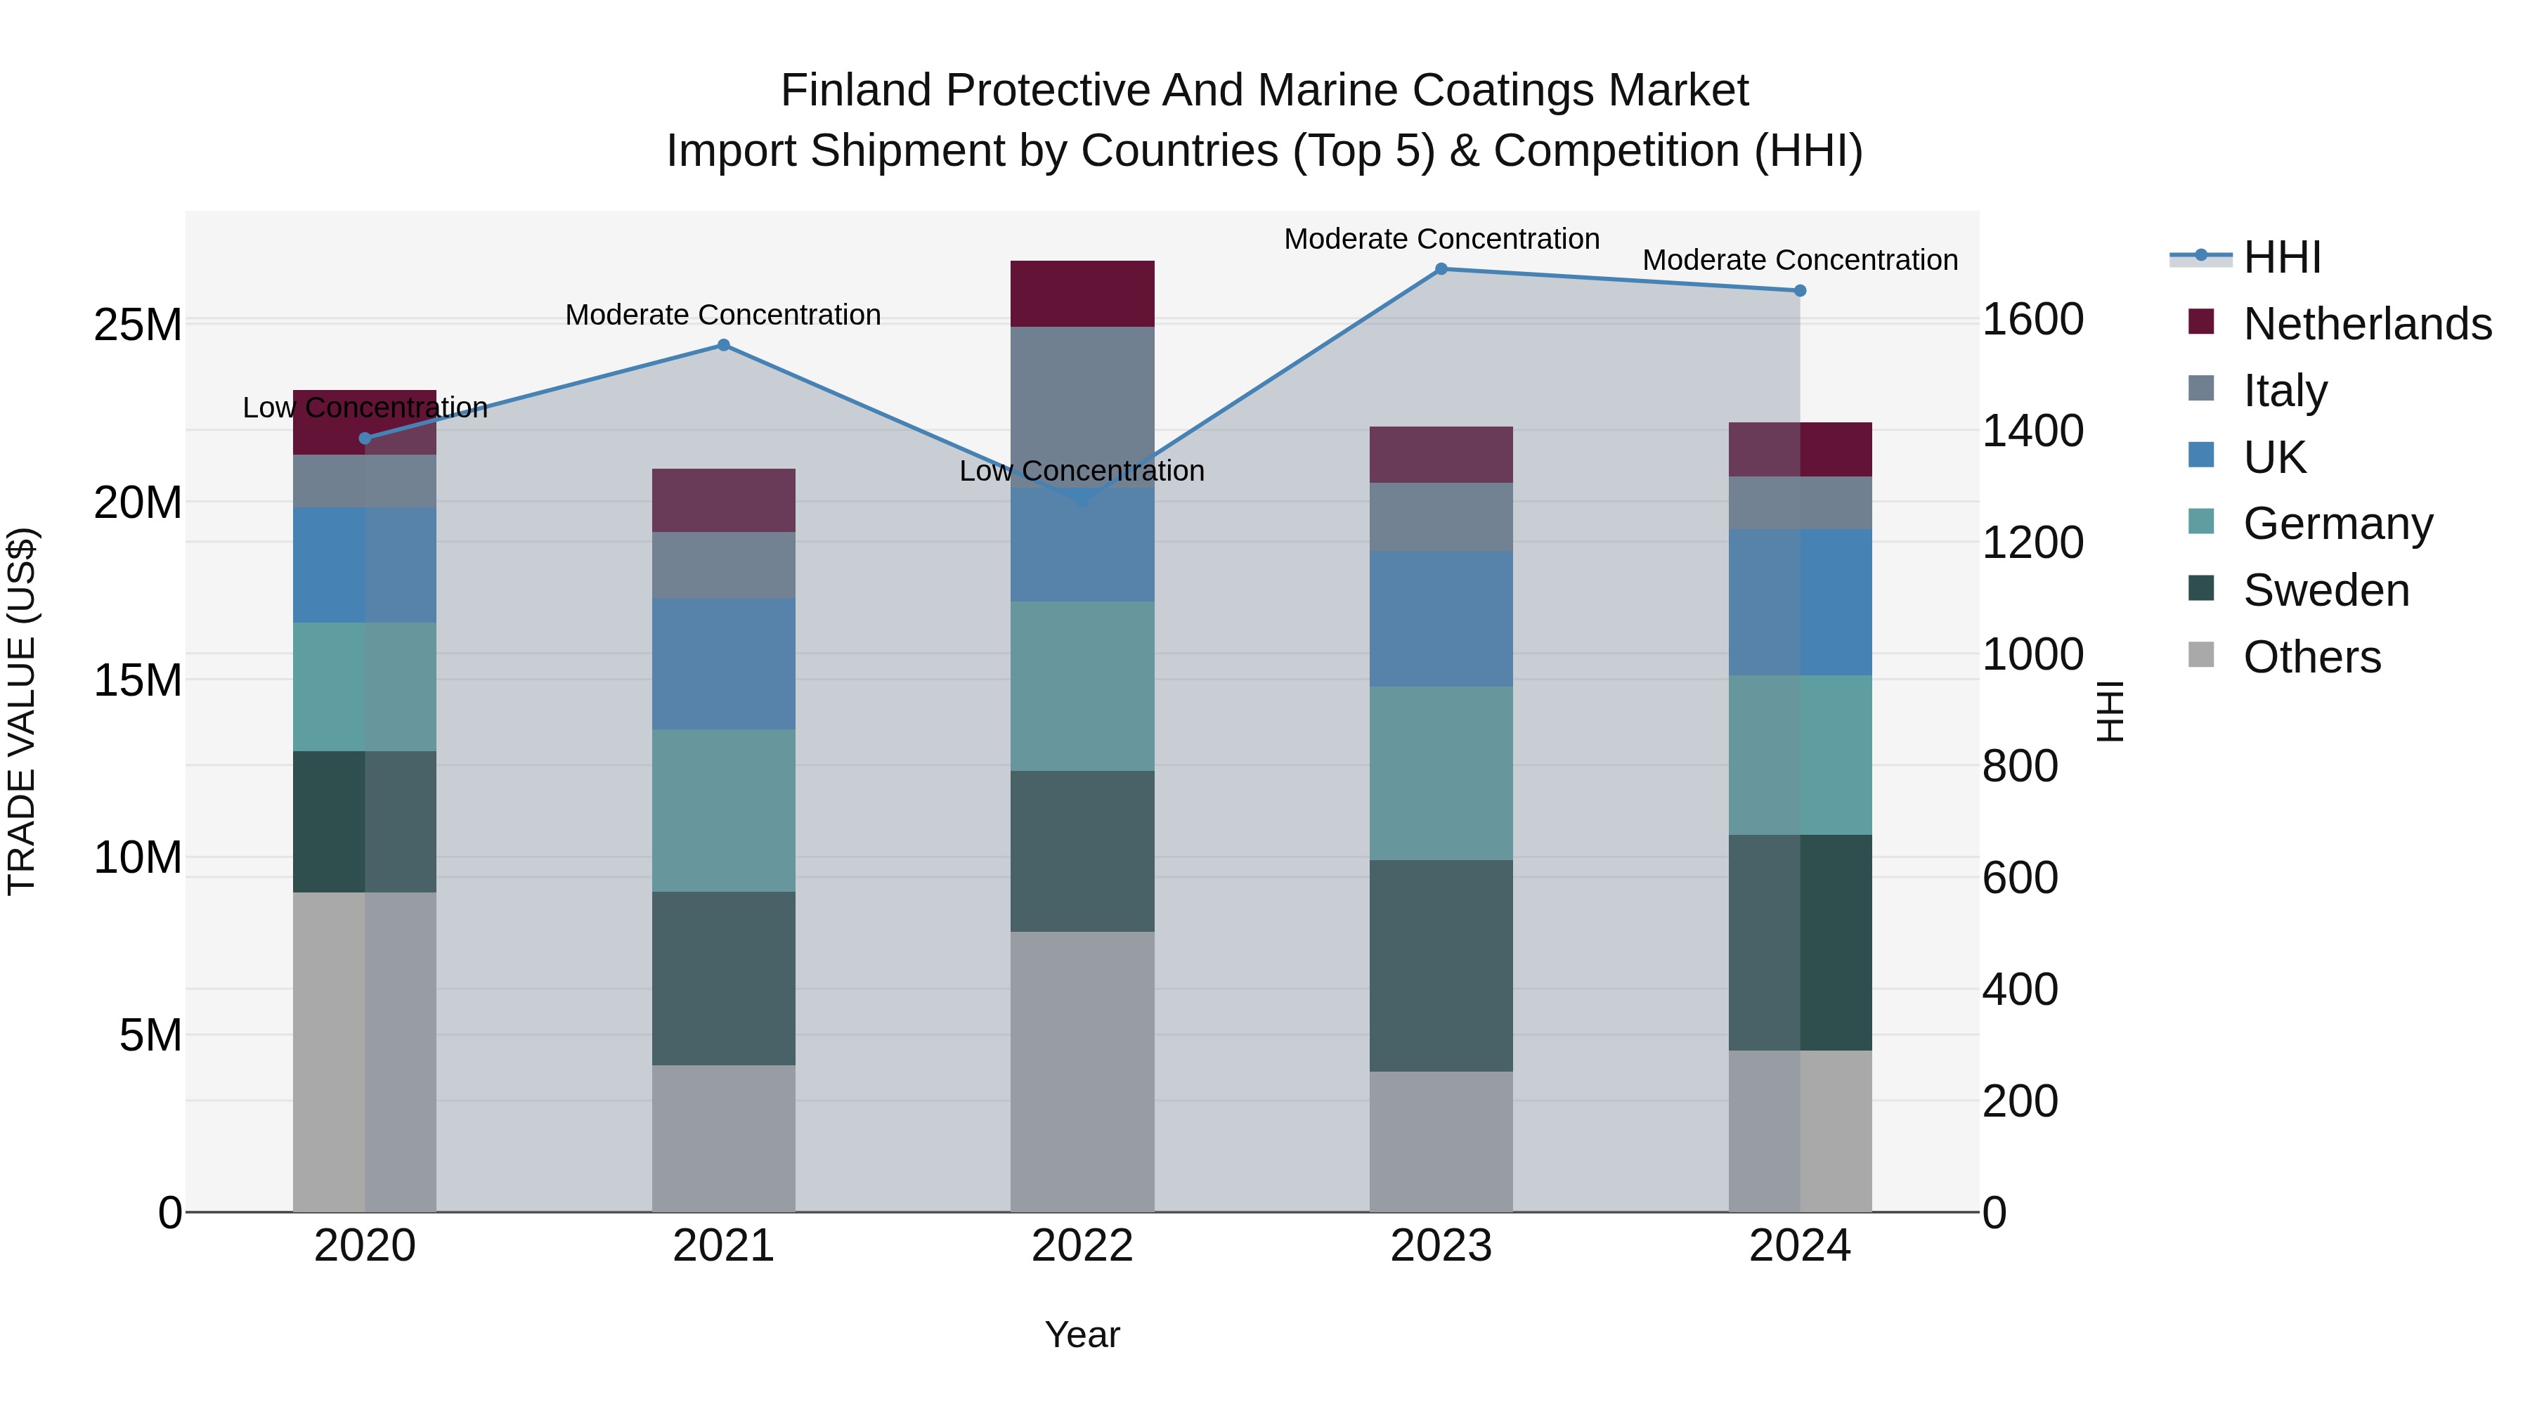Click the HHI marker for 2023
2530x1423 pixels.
coord(1441,269)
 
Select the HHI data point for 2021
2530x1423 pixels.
coord(724,345)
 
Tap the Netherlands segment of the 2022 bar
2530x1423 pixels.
coord(1082,294)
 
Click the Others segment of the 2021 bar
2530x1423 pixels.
coord(724,1138)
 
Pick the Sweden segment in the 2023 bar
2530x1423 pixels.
coord(1441,966)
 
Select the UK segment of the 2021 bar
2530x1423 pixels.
coord(724,664)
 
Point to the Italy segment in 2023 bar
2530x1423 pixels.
coord(1441,516)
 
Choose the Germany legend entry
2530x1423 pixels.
coord(2337,524)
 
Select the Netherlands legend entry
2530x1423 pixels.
coord(2366,324)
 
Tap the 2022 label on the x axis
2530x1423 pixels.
coord(1082,1246)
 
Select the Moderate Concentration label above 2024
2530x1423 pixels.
coord(1799,260)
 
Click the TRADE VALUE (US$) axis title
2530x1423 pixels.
coord(22,711)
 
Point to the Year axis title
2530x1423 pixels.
coord(1082,1334)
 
